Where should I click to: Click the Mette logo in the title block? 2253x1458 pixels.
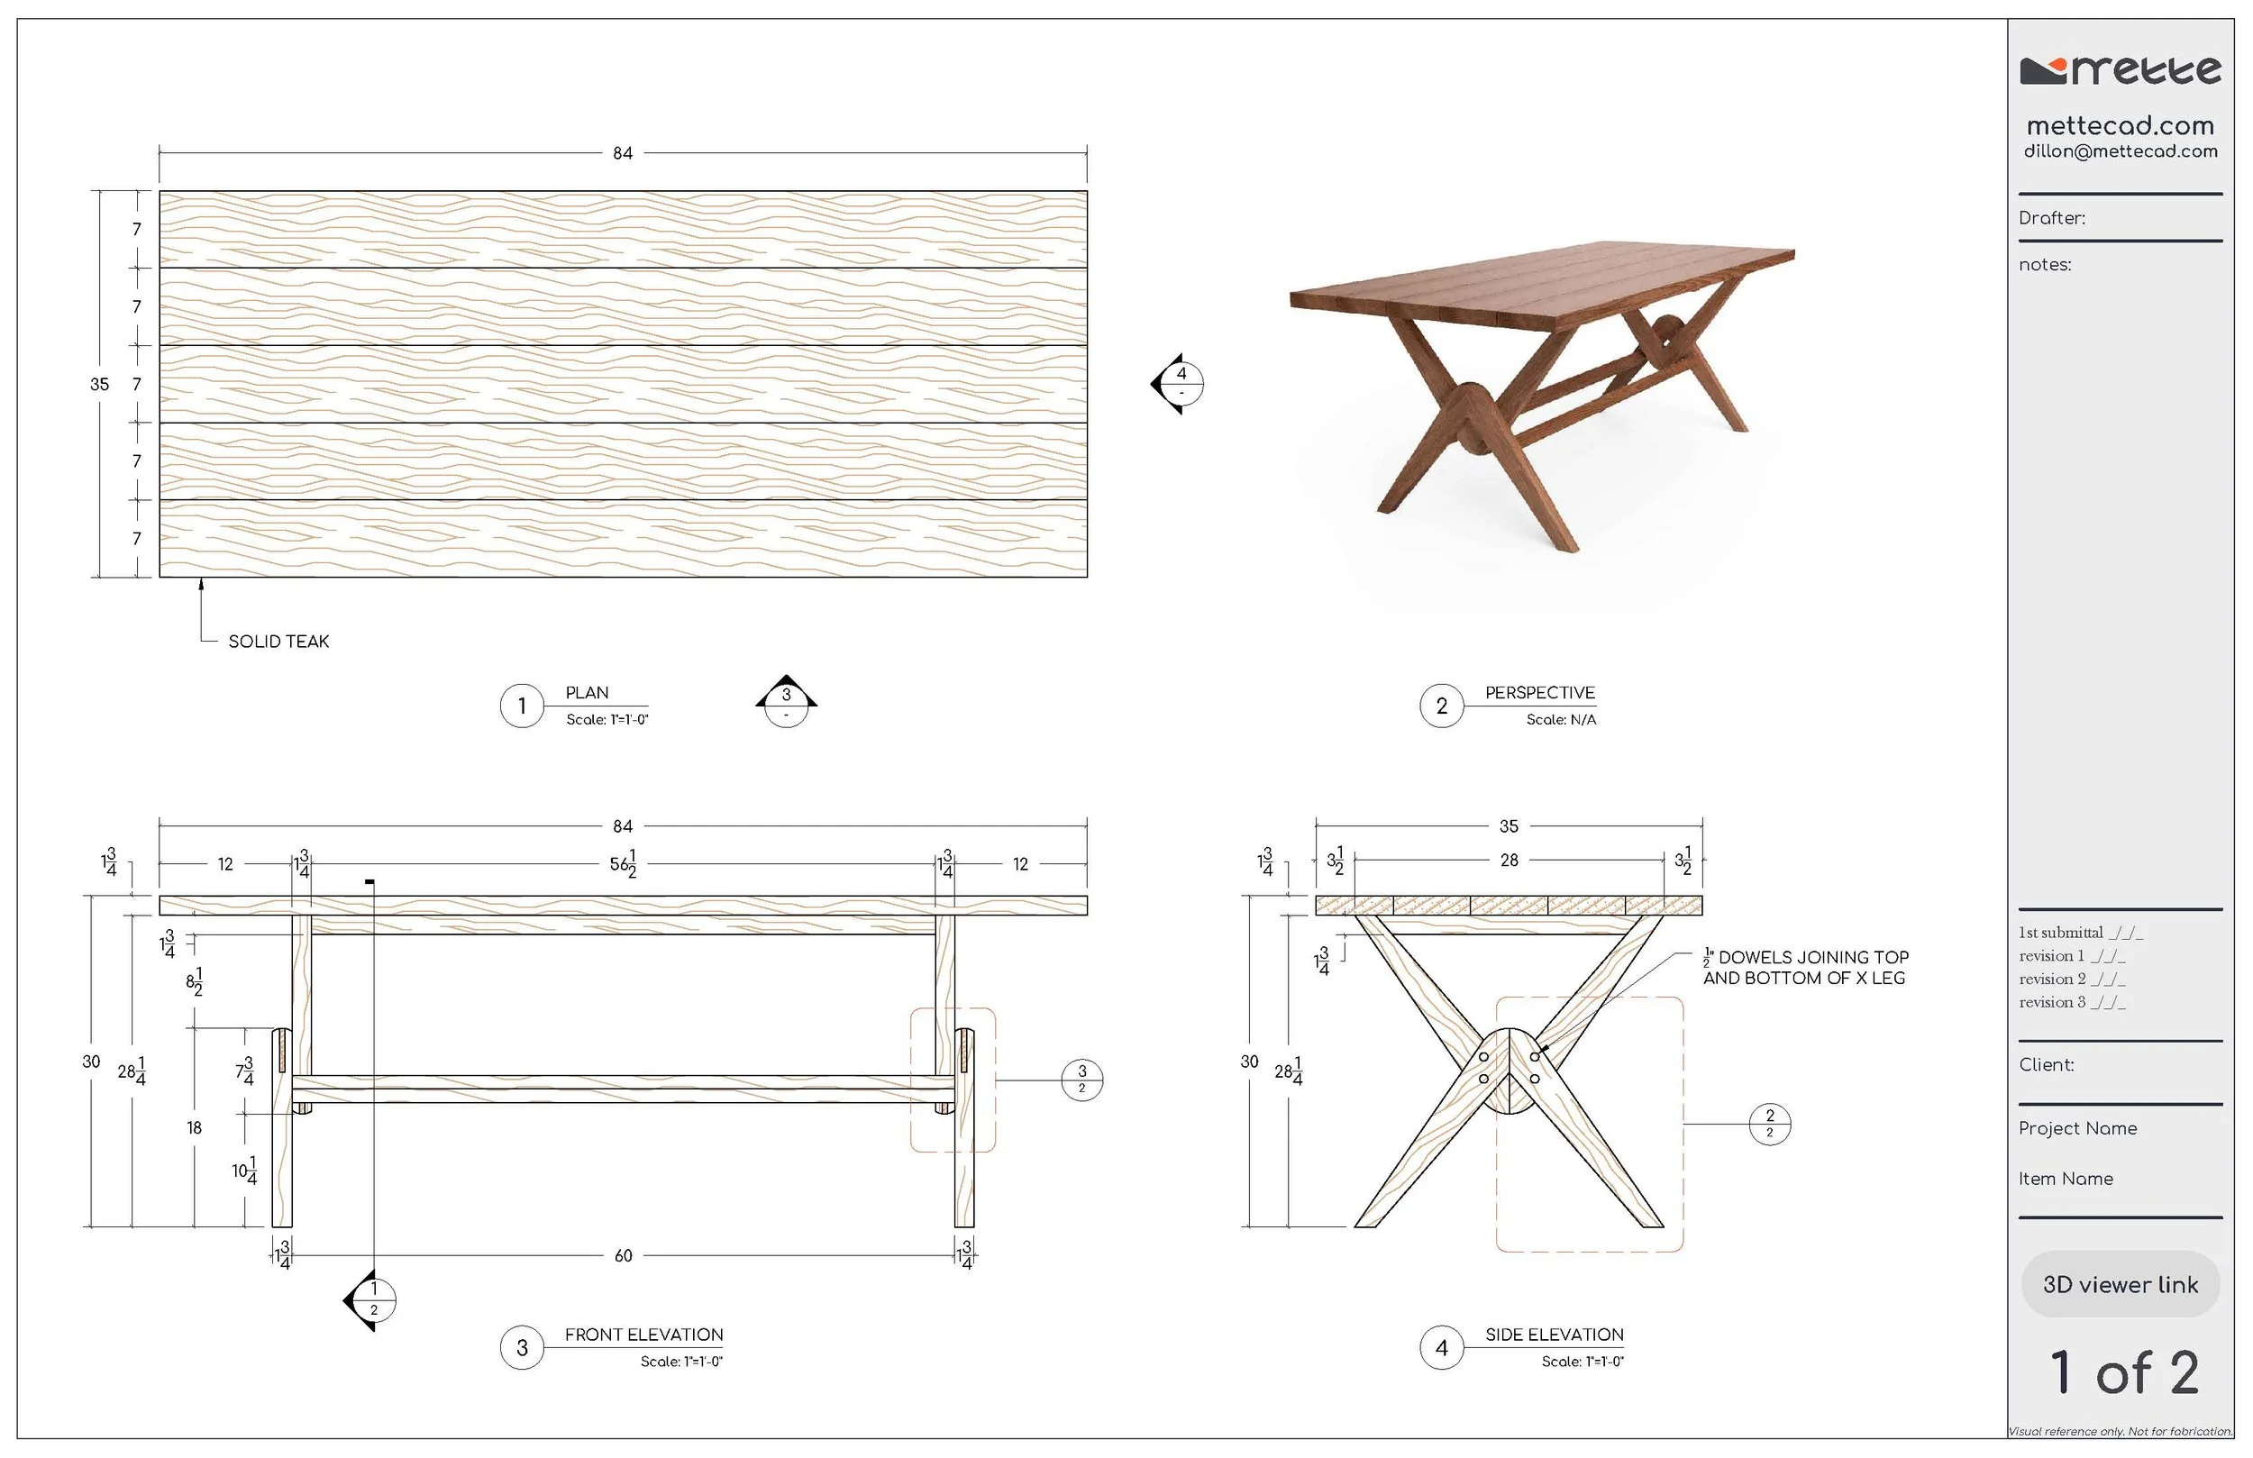click(2120, 71)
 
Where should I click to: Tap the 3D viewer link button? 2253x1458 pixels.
click(2120, 1284)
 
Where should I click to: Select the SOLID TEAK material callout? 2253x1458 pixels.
click(278, 641)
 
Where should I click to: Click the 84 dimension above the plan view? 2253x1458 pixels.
click(622, 153)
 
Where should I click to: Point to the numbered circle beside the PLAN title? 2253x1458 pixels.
click(522, 706)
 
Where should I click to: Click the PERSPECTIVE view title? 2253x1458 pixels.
click(1539, 693)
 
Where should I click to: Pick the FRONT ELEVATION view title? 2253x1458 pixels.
click(643, 1335)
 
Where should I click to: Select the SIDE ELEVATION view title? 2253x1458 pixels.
click(1555, 1335)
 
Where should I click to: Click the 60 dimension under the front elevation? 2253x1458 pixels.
click(623, 1255)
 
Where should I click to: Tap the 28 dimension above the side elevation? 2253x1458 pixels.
click(1509, 860)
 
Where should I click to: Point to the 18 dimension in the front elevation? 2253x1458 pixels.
click(194, 1127)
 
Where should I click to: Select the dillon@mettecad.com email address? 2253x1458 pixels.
click(2121, 151)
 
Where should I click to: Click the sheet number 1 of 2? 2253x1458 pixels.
click(2123, 1372)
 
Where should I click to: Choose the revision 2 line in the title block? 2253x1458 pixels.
click(2071, 979)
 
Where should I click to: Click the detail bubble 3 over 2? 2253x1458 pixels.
click(1082, 1080)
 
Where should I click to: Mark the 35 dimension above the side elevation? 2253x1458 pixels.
click(1509, 826)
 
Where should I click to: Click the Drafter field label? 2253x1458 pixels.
click(2051, 218)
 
